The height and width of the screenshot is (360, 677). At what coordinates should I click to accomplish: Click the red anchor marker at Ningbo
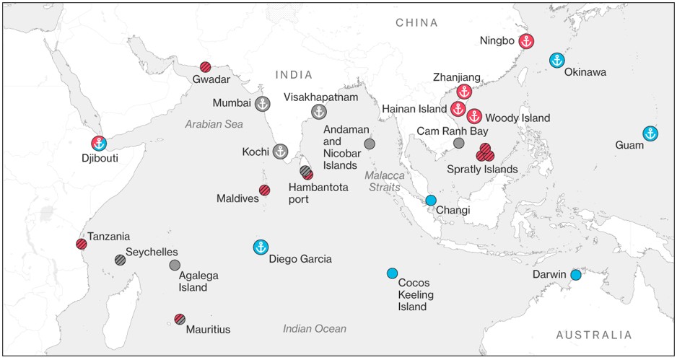526,41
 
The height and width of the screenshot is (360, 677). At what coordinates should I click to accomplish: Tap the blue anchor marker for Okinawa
556,60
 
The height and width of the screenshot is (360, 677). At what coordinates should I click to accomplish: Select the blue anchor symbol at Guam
650,133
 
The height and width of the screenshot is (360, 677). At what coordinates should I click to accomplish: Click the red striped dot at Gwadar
206,66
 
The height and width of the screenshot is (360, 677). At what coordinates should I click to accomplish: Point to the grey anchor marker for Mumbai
263,103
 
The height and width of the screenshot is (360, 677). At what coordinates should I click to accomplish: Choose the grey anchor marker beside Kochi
280,152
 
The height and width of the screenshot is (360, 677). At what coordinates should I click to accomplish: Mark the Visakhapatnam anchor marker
319,111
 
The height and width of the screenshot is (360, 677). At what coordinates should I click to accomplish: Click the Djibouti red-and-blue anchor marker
99,143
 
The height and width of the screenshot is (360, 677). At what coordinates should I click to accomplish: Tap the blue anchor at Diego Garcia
261,247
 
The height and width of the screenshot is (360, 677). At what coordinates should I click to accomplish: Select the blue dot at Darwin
575,275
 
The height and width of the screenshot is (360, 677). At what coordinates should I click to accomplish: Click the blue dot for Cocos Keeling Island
392,273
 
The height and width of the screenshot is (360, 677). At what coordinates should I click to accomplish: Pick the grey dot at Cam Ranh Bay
458,143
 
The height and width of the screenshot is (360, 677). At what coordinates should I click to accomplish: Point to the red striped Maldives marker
265,190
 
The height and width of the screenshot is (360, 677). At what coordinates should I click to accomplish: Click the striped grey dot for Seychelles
120,260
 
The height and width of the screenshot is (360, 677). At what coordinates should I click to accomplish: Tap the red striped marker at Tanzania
82,244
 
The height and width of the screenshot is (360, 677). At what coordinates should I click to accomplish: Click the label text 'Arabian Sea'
214,124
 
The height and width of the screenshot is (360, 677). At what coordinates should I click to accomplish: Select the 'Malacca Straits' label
385,181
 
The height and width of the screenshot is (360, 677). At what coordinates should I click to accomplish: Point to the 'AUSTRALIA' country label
594,335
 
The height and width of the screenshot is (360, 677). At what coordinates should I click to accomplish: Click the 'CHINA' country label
416,23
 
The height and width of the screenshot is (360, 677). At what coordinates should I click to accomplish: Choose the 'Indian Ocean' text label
315,328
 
